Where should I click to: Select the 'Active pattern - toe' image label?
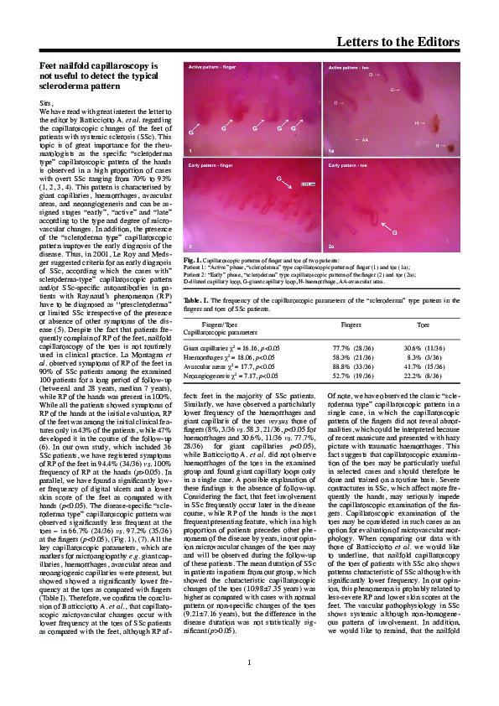point(351,65)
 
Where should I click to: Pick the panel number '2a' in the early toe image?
point(331,247)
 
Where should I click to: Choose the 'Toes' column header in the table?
point(425,324)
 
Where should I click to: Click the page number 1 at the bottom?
point(249,688)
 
